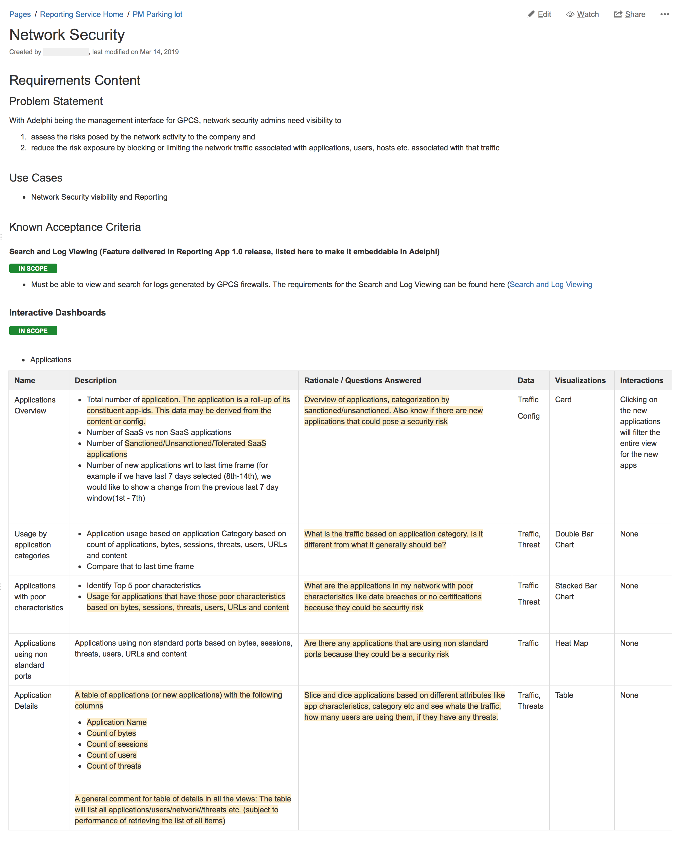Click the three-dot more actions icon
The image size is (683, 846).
click(664, 14)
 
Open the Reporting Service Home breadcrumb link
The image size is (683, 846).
click(81, 14)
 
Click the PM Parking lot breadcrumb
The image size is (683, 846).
click(157, 14)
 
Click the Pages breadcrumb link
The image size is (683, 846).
click(20, 14)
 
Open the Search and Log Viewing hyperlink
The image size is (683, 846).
click(550, 285)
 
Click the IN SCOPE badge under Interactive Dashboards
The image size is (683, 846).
click(33, 331)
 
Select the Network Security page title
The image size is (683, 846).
click(67, 35)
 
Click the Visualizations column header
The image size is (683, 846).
click(580, 380)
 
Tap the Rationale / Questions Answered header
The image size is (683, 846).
click(362, 380)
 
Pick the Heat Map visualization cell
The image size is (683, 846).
click(571, 643)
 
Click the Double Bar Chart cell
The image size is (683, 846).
click(574, 539)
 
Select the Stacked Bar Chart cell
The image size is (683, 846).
click(576, 591)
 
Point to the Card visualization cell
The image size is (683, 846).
click(563, 399)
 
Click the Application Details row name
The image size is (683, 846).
click(33, 701)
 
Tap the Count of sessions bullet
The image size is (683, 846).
click(117, 744)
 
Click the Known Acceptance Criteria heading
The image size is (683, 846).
click(75, 227)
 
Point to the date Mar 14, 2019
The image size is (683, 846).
click(159, 52)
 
